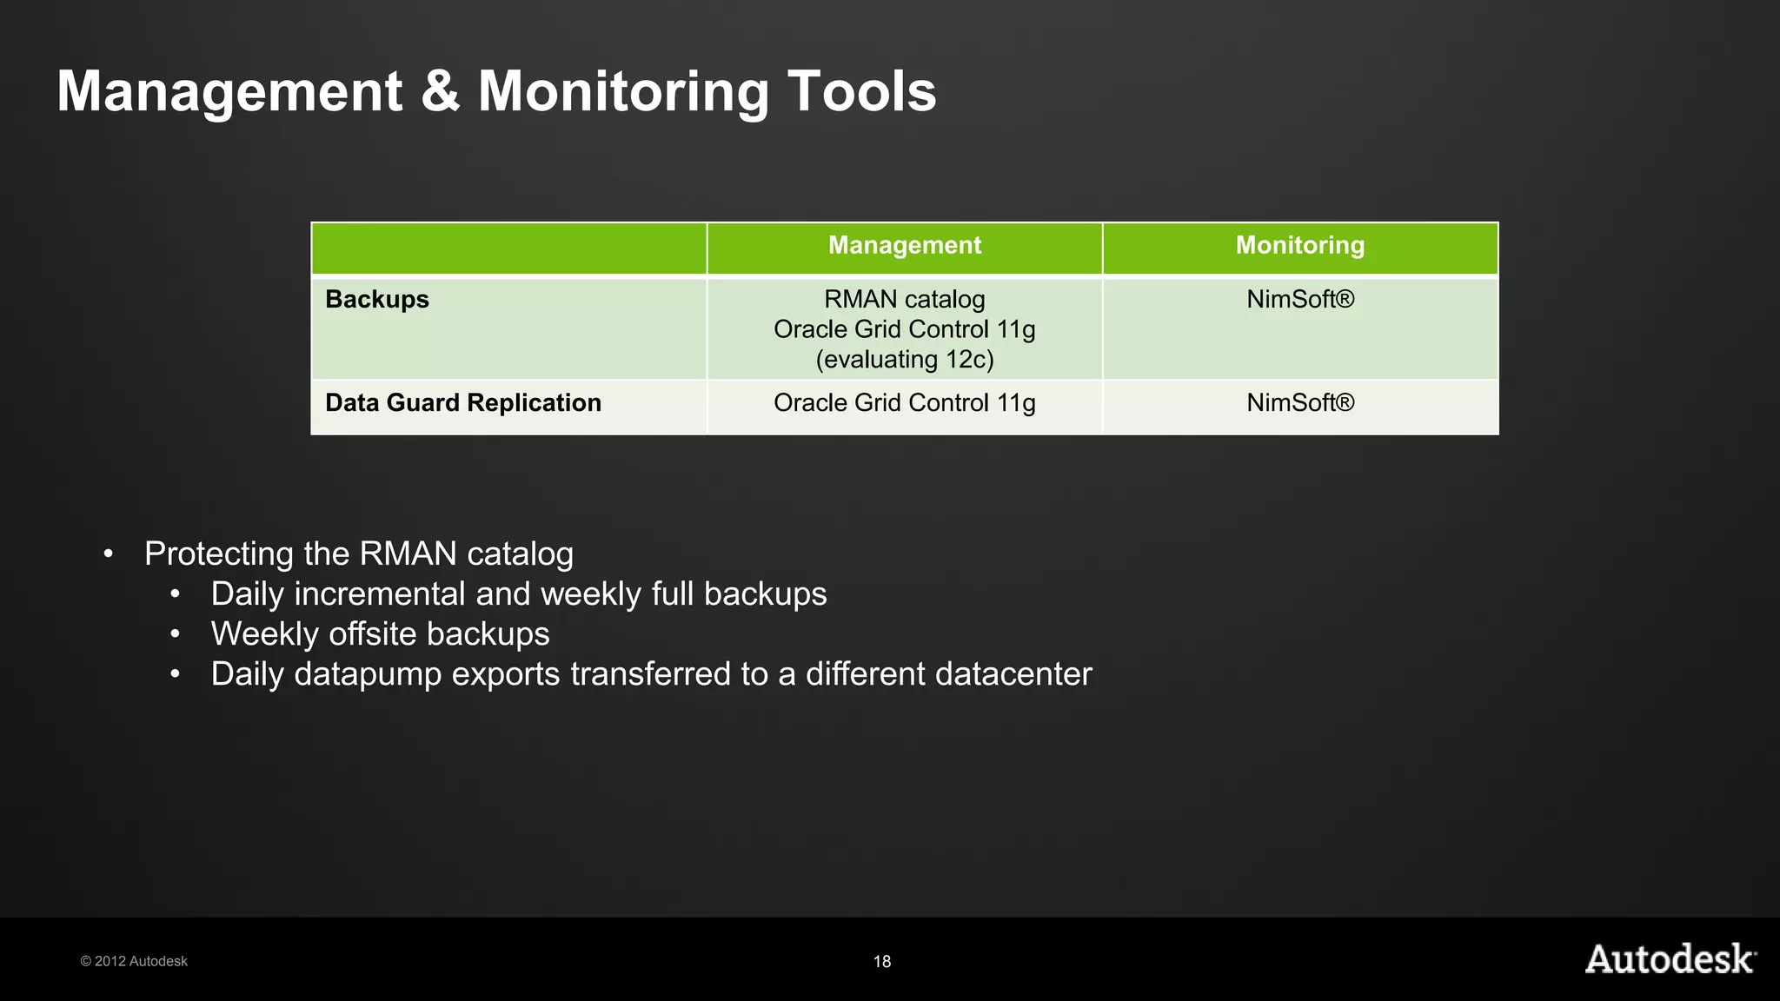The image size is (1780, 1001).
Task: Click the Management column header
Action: (904, 246)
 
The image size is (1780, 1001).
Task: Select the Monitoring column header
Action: (1299, 246)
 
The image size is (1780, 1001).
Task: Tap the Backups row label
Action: (377, 300)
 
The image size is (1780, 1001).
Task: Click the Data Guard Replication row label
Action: (463, 403)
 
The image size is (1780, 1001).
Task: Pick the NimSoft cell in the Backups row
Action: (1299, 300)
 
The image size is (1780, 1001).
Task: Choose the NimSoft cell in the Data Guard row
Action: (1299, 403)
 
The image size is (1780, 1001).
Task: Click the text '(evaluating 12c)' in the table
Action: (904, 360)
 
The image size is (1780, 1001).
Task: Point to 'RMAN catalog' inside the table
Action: (904, 300)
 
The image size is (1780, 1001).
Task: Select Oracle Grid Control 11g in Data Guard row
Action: (904, 403)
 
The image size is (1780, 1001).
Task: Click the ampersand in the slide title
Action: (441, 91)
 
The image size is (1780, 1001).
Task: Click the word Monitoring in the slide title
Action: (623, 91)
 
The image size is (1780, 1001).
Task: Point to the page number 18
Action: (881, 961)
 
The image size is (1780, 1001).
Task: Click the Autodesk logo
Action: (1670, 959)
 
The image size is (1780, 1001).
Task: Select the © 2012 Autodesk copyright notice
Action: (134, 961)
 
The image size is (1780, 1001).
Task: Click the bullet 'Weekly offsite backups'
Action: (380, 634)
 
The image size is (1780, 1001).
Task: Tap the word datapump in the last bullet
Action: (368, 675)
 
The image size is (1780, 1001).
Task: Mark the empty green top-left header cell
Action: (508, 249)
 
